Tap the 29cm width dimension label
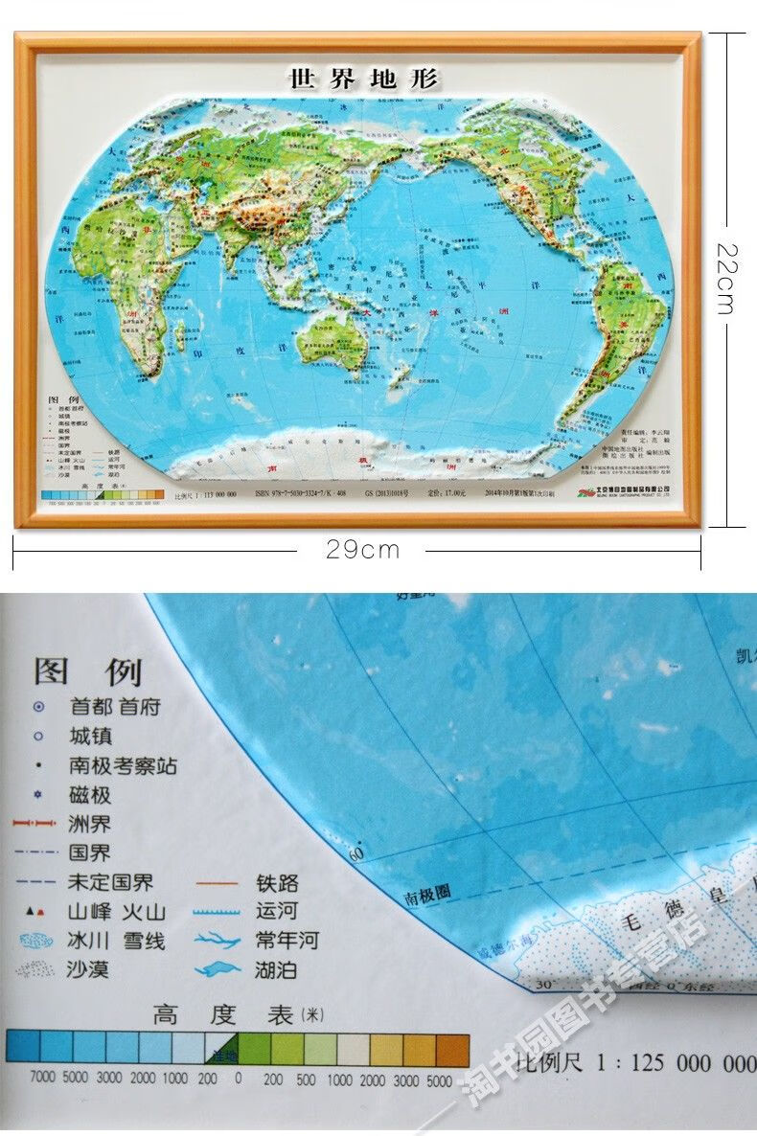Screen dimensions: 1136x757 coord(362,550)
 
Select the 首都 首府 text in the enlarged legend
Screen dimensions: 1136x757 coord(115,707)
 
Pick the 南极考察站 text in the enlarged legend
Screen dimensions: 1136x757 coord(123,765)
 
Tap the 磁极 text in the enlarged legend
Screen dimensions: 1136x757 coord(90,795)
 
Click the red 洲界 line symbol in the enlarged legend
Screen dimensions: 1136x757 coord(36,824)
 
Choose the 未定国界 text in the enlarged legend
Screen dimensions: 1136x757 coord(110,882)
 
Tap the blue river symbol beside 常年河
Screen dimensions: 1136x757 coord(218,941)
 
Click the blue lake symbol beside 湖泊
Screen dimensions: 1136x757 coord(218,969)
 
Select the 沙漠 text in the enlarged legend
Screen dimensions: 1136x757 coord(88,969)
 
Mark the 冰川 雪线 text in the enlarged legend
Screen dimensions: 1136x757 coord(116,941)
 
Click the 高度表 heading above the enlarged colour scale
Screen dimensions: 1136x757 coord(222,1015)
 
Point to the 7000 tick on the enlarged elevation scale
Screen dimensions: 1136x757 coord(43,1077)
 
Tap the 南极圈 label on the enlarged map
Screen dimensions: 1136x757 coord(426,896)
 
